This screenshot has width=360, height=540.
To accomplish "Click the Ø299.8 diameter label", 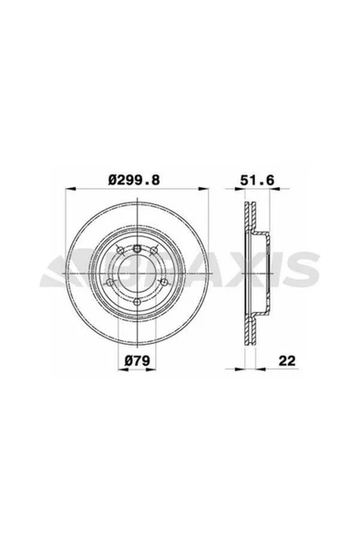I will [135, 182].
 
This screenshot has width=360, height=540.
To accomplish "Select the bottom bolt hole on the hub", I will [137, 302].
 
